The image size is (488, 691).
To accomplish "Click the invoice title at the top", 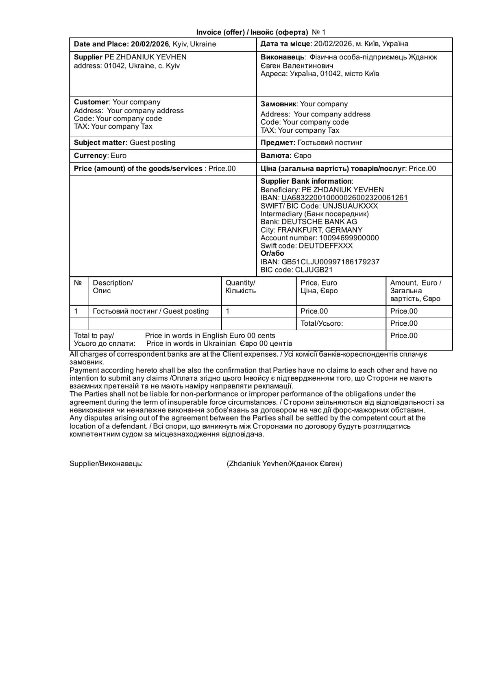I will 261,32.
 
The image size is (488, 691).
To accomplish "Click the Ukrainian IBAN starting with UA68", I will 344,198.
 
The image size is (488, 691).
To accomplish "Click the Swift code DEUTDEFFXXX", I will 325,246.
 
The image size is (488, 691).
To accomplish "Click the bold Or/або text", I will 272,254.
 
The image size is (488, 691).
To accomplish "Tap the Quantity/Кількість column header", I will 240,287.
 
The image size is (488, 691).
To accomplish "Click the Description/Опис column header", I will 113,287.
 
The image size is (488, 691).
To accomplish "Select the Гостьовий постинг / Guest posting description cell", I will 151,311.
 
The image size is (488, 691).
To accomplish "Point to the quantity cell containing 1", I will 228,311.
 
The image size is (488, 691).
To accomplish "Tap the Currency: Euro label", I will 100,156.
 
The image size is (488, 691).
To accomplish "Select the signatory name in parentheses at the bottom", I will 285,464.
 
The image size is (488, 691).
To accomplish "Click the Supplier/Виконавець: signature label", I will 106,464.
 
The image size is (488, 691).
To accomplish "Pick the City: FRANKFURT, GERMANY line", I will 312,230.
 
